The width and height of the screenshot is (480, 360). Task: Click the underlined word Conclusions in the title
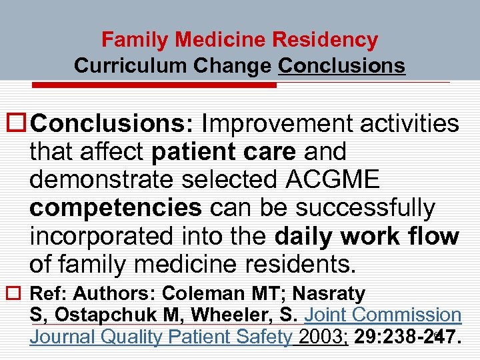[x=342, y=65]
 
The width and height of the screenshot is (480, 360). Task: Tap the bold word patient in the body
[x=191, y=151]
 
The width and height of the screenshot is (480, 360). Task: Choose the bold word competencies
[x=115, y=208]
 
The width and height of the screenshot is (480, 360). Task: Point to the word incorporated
[x=107, y=236]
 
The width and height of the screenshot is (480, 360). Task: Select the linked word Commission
[x=407, y=315]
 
